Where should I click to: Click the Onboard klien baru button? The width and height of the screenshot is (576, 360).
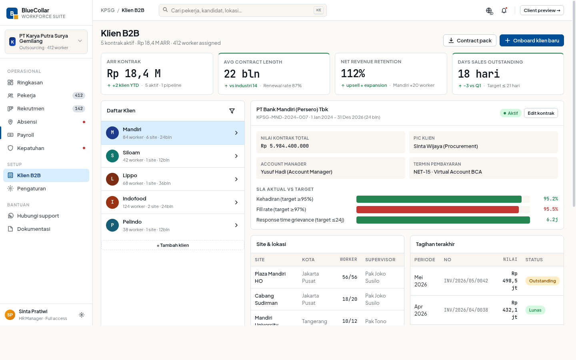(532, 40)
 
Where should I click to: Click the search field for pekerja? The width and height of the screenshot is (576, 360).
(242, 10)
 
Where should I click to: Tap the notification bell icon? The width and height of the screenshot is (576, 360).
(504, 10)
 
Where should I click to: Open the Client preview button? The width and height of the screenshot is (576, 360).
(542, 10)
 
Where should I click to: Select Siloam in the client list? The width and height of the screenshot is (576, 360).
(173, 156)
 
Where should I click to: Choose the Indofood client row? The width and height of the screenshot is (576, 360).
(173, 202)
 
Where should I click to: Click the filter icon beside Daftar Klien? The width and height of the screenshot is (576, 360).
(232, 111)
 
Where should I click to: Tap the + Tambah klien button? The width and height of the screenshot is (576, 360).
(173, 245)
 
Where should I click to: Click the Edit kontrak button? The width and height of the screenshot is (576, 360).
(541, 113)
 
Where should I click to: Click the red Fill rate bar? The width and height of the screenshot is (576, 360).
(438, 210)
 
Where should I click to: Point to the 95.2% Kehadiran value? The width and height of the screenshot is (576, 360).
(550, 199)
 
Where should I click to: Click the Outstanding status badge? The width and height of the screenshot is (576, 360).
(542, 281)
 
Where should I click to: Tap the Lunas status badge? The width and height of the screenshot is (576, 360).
(535, 310)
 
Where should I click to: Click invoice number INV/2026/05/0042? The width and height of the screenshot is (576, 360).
(466, 281)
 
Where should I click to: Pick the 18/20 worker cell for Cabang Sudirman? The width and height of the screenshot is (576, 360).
(350, 299)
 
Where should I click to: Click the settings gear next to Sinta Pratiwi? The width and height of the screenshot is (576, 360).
(82, 315)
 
